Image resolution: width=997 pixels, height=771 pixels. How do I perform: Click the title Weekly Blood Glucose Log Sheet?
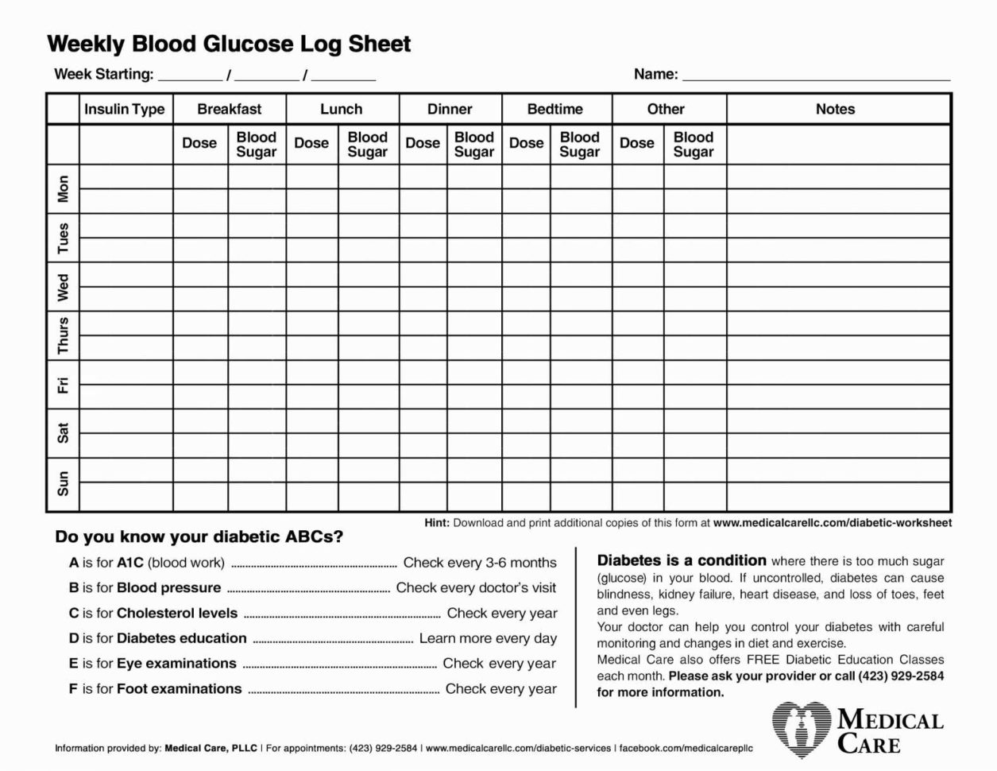229,44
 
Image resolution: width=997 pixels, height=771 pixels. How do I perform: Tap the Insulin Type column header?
125,110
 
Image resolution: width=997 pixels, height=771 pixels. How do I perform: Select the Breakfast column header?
230,110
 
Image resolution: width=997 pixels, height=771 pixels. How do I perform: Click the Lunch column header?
341,110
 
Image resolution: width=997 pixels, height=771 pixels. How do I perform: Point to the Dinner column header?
450,110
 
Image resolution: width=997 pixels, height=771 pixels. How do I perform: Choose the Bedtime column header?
555,110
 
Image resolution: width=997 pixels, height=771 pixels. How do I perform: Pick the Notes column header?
835,110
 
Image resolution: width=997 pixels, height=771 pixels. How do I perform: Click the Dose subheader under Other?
636,144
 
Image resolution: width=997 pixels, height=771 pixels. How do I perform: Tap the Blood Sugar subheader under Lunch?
367,144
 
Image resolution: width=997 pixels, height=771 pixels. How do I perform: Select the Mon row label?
64,189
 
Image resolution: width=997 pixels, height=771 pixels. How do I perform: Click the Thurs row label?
64,335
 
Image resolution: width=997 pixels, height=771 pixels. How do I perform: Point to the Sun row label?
64,483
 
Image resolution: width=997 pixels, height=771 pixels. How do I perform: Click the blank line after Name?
816,76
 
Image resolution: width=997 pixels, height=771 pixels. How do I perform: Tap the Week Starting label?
103,75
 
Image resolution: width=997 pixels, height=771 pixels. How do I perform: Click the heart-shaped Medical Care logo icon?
801,729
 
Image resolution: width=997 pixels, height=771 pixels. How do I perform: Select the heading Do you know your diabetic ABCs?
199,537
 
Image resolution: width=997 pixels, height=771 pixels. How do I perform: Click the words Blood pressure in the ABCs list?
168,588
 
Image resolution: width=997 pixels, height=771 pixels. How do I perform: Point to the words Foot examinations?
179,689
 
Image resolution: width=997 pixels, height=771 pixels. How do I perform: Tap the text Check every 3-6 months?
480,563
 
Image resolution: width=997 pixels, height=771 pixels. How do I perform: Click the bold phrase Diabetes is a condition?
682,560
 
